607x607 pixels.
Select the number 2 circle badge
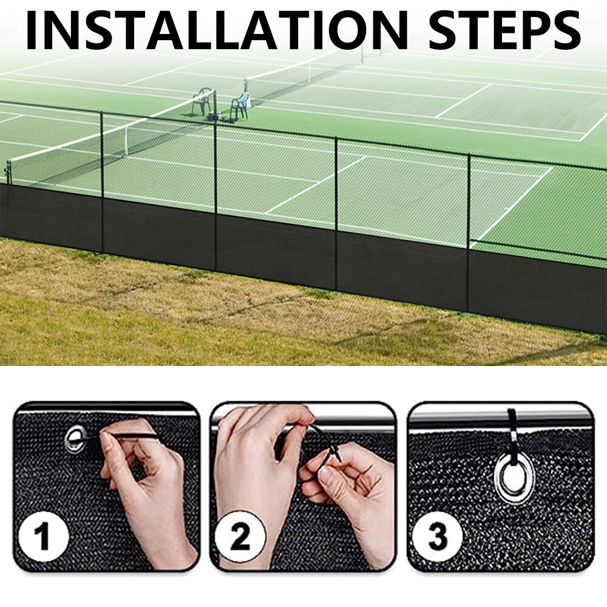tap(240, 537)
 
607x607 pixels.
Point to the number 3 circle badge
tap(437, 537)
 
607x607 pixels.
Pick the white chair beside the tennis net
tap(242, 104)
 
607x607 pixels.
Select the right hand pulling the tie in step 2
tap(346, 486)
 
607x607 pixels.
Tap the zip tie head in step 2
tap(334, 453)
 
